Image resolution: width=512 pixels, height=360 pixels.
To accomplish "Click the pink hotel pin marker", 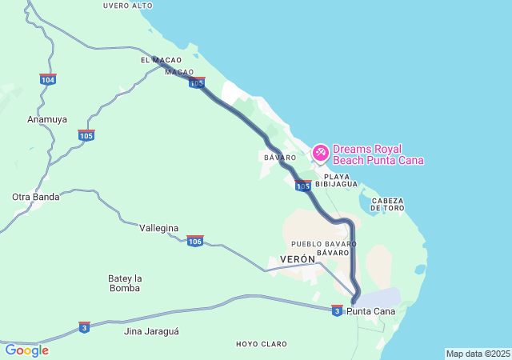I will [x=320, y=151].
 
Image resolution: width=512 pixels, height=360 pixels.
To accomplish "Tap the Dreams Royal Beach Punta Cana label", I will [x=378, y=154].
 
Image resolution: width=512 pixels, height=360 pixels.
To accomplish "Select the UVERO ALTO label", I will [x=128, y=6].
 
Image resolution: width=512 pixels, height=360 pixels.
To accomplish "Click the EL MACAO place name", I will [x=161, y=60].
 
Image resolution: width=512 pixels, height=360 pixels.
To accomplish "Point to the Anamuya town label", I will [x=47, y=119].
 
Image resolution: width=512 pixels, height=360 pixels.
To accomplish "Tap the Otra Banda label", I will [x=36, y=197].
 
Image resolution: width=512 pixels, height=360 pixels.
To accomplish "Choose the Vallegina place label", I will [x=159, y=228].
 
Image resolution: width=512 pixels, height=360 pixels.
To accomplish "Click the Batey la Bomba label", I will [x=125, y=283].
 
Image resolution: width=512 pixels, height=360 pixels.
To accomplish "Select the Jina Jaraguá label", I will [x=152, y=330].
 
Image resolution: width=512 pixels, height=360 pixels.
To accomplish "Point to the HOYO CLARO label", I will [x=262, y=344].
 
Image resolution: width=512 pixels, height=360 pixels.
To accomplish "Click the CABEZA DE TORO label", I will [x=387, y=204].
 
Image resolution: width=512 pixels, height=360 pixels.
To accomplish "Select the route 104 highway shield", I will [x=48, y=79].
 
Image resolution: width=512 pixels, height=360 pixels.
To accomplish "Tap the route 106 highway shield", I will [x=195, y=241].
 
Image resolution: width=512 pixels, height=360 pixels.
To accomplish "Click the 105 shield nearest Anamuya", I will [x=86, y=135].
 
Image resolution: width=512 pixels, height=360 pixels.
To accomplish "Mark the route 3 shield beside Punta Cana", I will [x=337, y=310].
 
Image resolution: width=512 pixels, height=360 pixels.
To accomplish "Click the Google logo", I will [x=26, y=350].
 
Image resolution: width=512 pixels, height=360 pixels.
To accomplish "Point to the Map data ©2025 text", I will [x=478, y=354].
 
